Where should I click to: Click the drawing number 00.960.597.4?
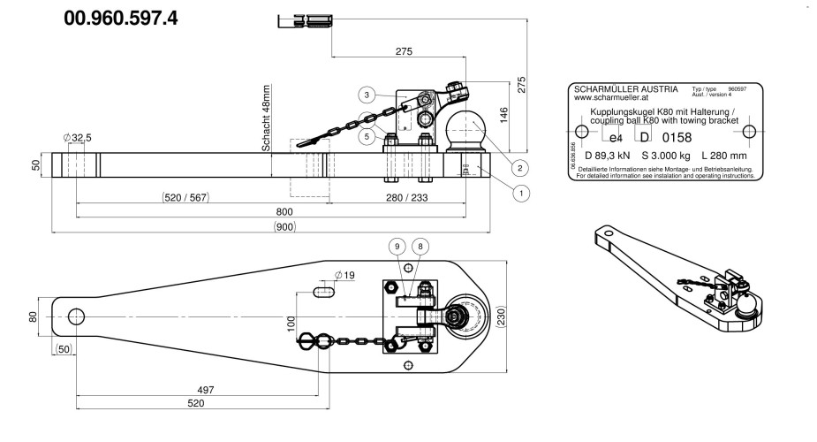click(121, 19)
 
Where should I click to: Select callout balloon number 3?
click(365, 94)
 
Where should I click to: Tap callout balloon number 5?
click(365, 136)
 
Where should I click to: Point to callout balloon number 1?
click(521, 190)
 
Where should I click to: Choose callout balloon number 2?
click(521, 167)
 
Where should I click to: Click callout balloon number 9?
click(397, 247)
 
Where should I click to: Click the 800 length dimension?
click(283, 212)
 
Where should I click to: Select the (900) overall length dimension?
click(283, 226)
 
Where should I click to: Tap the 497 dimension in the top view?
click(204, 389)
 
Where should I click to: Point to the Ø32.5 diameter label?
click(78, 138)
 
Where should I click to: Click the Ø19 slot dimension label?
click(344, 276)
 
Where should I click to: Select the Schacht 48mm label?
click(265, 118)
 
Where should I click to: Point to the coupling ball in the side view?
click(464, 126)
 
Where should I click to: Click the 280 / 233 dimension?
click(402, 198)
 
